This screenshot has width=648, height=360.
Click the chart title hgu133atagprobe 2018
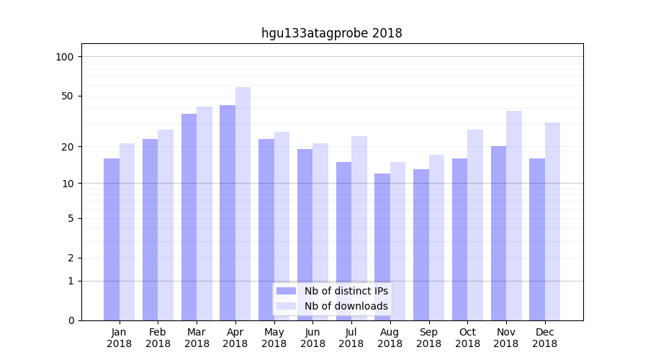point(331,33)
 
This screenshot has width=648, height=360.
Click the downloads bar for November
point(514,215)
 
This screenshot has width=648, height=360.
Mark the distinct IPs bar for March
point(189,217)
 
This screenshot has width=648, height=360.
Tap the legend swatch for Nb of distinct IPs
point(286,291)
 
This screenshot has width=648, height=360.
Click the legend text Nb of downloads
point(346,306)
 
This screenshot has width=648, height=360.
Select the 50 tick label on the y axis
point(68,96)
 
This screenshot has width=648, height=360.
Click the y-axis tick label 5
point(71,218)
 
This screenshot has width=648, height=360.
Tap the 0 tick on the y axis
point(71,320)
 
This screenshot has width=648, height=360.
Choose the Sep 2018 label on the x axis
point(428,338)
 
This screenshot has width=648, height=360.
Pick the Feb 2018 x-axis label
point(158,338)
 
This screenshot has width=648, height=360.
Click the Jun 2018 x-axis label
point(312,338)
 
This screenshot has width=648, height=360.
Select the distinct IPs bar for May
point(266,230)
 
